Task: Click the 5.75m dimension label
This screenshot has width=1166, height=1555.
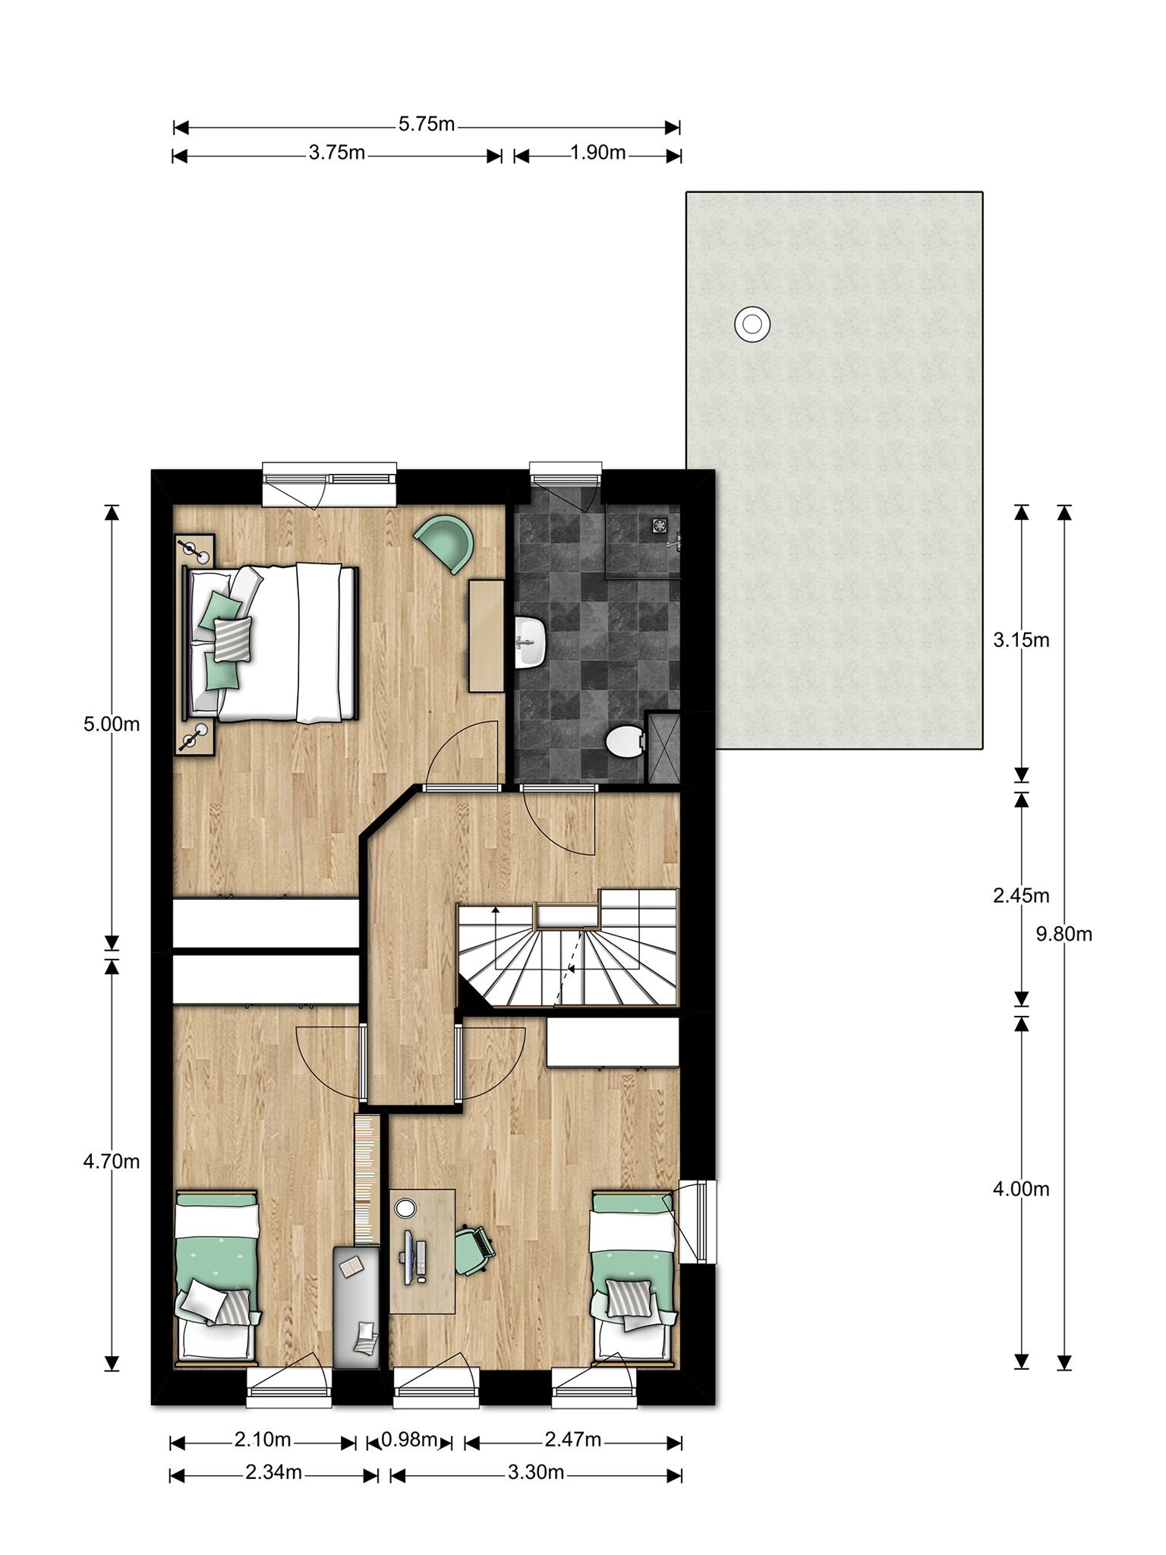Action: [x=427, y=124]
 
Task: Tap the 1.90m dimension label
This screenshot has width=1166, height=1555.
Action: [x=598, y=153]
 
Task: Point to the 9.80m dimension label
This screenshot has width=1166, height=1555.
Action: [x=1064, y=934]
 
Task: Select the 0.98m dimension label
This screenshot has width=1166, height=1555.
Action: [x=410, y=1439]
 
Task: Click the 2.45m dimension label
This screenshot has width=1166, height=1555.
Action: [x=1021, y=896]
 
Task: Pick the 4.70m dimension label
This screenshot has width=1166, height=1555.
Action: [x=112, y=1161]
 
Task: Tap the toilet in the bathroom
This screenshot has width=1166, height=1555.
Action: [x=624, y=741]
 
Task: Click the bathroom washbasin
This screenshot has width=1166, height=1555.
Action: [x=531, y=642]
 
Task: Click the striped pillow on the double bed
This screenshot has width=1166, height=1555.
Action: [x=232, y=638]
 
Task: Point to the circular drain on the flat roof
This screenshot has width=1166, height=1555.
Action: [x=752, y=325]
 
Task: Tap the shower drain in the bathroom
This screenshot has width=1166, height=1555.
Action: [x=658, y=524]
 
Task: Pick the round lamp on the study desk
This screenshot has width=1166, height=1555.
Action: [x=406, y=1207]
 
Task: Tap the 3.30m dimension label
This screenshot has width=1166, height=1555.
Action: [x=536, y=1472]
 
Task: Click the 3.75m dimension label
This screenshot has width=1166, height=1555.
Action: [x=337, y=153]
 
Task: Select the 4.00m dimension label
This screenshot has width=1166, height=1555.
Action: [x=1021, y=1189]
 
